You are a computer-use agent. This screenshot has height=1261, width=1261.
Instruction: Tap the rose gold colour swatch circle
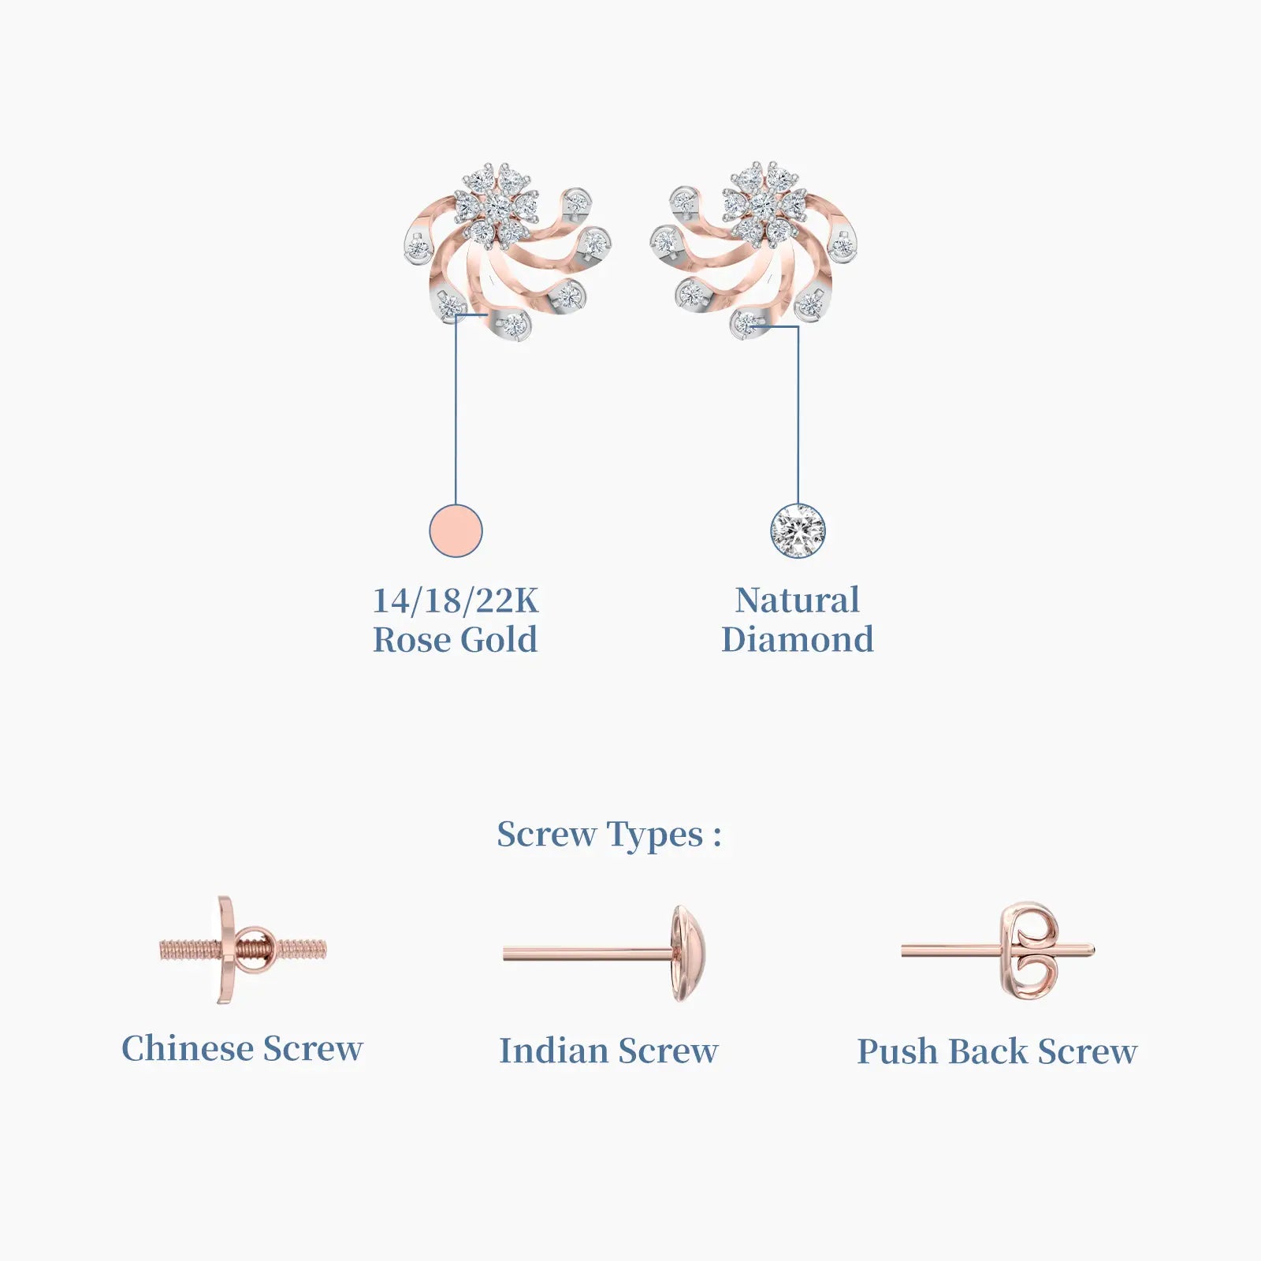tap(456, 530)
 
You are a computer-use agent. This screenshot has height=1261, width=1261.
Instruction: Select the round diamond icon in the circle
tap(798, 530)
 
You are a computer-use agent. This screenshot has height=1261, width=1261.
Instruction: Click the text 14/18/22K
tap(456, 601)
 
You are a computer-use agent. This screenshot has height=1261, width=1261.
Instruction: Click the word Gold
tap(499, 639)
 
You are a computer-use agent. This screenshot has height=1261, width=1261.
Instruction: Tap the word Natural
tap(798, 601)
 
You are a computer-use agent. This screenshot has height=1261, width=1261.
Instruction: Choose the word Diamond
tap(798, 639)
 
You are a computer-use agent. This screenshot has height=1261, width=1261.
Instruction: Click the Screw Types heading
tap(609, 835)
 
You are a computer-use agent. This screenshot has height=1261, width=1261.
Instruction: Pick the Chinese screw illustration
tap(243, 950)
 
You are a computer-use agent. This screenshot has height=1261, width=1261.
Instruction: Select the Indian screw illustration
tap(604, 954)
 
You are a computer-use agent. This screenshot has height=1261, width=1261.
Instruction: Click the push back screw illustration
tap(998, 951)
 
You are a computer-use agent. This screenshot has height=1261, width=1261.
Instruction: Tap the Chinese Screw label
tap(242, 1048)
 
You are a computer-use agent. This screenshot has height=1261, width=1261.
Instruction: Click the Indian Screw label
tap(608, 1051)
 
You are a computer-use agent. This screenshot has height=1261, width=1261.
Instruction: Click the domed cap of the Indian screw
tap(689, 954)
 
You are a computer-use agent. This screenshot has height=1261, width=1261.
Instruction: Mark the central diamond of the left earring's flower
tap(497, 206)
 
